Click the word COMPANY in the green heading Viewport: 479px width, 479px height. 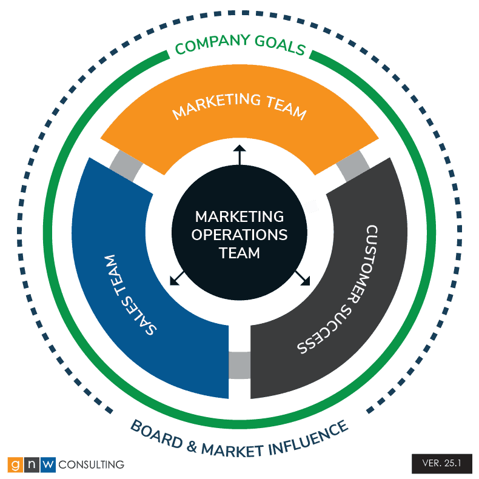pyautogui.click(x=212, y=44)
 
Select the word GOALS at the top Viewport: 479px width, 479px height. pyautogui.click(x=280, y=45)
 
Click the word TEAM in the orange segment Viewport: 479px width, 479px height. pyautogui.click(x=286, y=107)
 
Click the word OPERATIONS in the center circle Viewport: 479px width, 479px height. pyautogui.click(x=239, y=235)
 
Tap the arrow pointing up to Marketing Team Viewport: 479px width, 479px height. pyautogui.click(x=239, y=155)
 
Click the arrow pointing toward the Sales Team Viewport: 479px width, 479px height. pyautogui.click(x=177, y=278)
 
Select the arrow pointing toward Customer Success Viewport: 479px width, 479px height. pyautogui.click(x=303, y=278)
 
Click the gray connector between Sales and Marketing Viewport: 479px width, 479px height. pyautogui.click(x=126, y=166)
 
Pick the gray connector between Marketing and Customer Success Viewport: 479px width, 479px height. pyautogui.click(x=353, y=166)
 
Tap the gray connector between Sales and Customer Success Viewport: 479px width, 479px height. pyautogui.click(x=239, y=366)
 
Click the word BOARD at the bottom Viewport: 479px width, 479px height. pyautogui.click(x=156, y=434)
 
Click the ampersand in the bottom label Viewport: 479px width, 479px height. pyautogui.click(x=192, y=446)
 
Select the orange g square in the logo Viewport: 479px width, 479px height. pyautogui.click(x=15, y=464)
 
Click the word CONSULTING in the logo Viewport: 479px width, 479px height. pyautogui.click(x=92, y=464)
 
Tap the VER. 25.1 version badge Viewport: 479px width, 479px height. pyautogui.click(x=442, y=463)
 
